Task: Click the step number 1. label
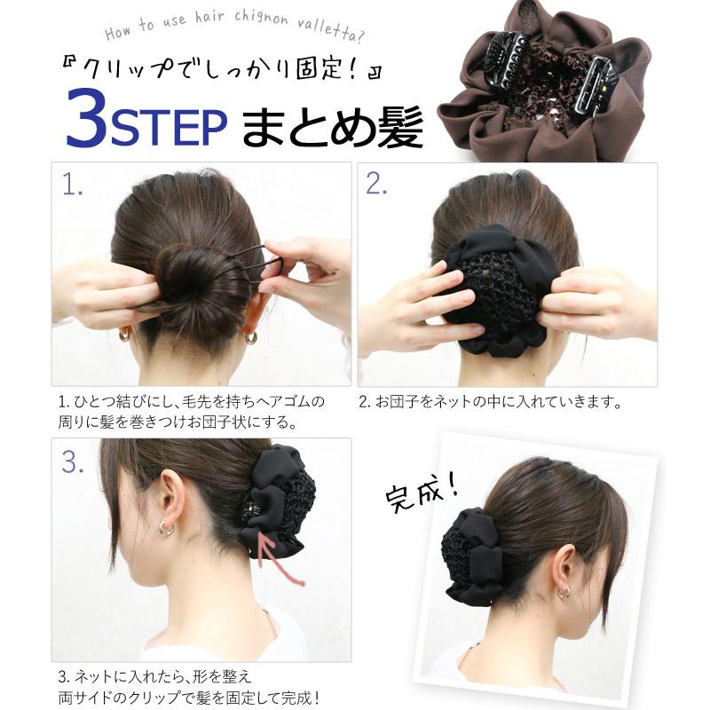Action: point(73,184)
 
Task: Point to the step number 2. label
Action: point(377,184)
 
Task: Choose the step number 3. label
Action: point(74,461)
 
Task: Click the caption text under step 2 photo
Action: point(489,402)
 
